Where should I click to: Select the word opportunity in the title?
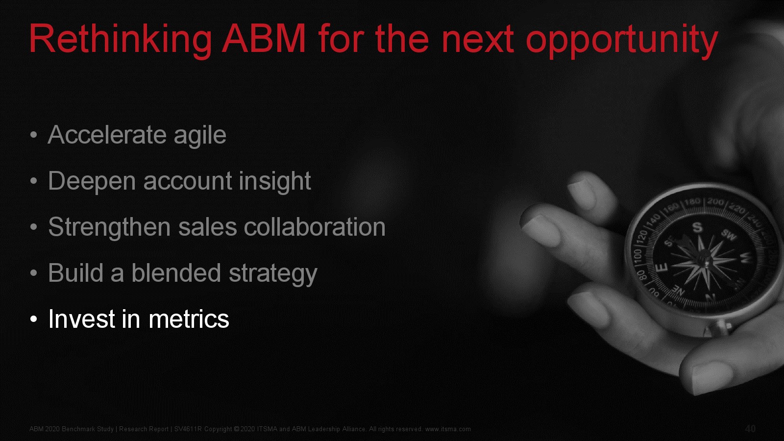coord(622,41)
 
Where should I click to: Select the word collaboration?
coord(315,227)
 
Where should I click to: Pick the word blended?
coord(176,272)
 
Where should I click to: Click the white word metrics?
coord(189,319)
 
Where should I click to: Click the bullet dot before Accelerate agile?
coord(34,135)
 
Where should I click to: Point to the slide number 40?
coord(750,429)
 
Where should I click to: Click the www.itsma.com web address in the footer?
coord(448,429)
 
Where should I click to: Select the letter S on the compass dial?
coord(698,227)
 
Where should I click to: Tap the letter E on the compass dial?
coord(661,269)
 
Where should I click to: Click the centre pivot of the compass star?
coord(702,261)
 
